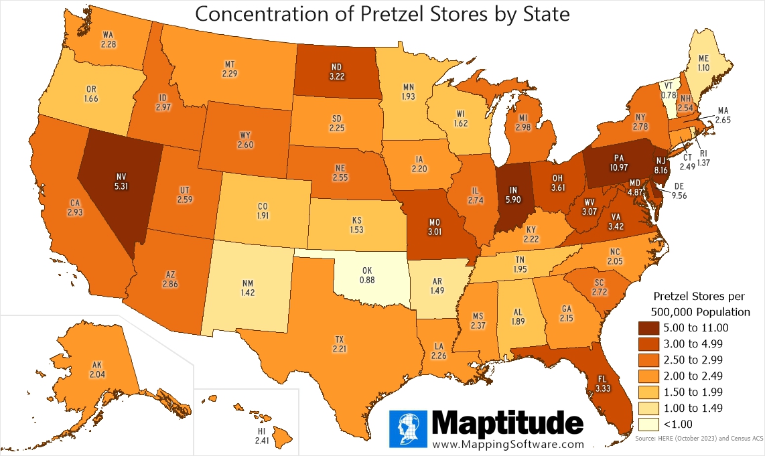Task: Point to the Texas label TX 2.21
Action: (x=338, y=344)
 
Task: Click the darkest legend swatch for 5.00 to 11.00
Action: (x=647, y=327)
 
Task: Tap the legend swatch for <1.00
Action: (x=647, y=424)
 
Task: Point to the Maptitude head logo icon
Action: (x=408, y=428)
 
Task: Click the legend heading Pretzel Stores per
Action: (x=699, y=295)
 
